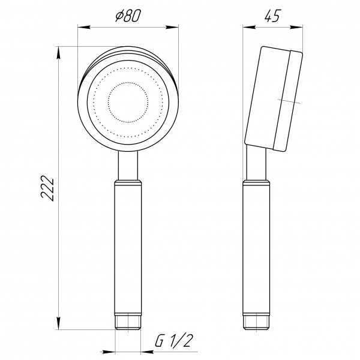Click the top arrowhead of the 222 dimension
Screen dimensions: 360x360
coord(59,52)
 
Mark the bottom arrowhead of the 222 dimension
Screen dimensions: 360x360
coord(59,328)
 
